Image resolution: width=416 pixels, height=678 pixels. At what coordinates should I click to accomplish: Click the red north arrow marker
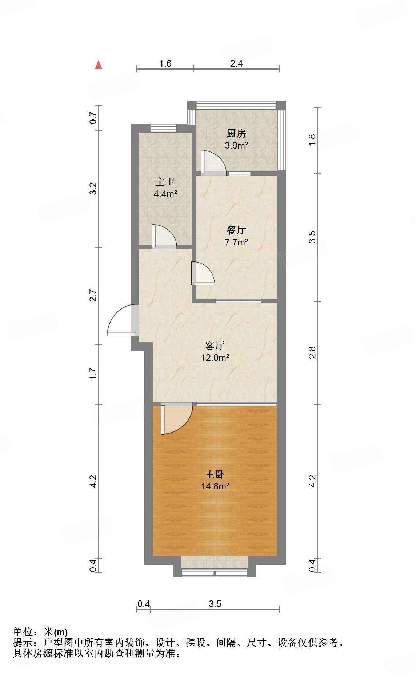99,65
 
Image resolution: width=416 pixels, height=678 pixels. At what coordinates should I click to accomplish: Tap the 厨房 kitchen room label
236,134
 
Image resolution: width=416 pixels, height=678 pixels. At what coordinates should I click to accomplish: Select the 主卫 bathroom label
165,182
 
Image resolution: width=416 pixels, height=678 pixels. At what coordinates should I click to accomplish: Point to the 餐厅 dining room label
236,230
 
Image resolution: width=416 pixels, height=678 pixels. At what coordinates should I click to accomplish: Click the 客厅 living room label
215,346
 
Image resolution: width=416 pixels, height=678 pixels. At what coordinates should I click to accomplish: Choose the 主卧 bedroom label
215,474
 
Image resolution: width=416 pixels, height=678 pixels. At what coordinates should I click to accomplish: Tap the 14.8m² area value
215,486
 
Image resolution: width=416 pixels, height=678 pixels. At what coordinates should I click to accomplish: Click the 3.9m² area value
236,146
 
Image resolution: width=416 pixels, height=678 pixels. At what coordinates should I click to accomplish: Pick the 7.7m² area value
236,242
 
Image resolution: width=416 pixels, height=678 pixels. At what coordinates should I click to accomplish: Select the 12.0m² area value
215,358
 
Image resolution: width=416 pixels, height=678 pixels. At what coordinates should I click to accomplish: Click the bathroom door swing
164,237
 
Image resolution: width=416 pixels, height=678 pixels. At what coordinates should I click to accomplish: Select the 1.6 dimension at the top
165,63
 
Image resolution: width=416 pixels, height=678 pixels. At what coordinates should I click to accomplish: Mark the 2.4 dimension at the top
236,63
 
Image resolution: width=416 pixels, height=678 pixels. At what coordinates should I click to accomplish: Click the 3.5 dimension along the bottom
215,604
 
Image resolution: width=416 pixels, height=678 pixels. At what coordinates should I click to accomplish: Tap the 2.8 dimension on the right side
312,352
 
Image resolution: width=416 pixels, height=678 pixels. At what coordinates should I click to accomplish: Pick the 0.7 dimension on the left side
93,118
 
